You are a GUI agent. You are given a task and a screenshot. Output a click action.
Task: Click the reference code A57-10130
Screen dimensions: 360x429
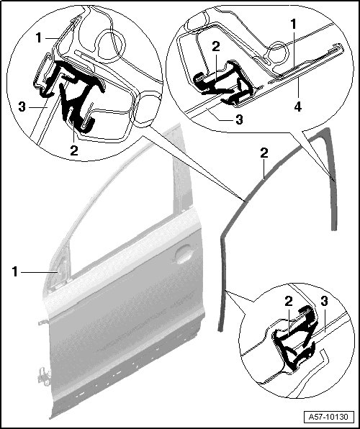pyautogui.click(x=328, y=417)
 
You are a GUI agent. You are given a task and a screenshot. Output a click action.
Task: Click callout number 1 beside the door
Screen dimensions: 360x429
pyautogui.click(x=15, y=272)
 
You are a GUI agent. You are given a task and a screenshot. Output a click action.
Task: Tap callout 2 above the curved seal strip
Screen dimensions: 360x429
pyautogui.click(x=264, y=153)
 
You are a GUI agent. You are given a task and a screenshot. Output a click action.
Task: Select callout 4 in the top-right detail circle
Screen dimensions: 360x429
pyautogui.click(x=298, y=107)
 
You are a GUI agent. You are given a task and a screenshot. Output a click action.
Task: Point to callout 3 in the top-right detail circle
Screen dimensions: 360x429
pyautogui.click(x=239, y=119)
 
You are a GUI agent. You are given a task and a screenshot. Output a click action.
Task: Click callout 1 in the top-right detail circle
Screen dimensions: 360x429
pyautogui.click(x=294, y=24)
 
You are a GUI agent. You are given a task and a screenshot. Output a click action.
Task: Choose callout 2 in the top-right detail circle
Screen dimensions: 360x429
pyautogui.click(x=216, y=47)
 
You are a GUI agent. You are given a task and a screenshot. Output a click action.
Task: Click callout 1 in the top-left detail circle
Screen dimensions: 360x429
pyautogui.click(x=39, y=37)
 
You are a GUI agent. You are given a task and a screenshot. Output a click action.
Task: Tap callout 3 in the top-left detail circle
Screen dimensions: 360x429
pyautogui.click(x=22, y=107)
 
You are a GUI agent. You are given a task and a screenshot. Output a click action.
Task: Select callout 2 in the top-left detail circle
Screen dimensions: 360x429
pyautogui.click(x=74, y=150)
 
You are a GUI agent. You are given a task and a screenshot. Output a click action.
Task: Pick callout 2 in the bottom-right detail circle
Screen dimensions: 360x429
pyautogui.click(x=288, y=302)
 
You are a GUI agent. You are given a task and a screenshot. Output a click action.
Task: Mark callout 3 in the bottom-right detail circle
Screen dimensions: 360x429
pyautogui.click(x=324, y=301)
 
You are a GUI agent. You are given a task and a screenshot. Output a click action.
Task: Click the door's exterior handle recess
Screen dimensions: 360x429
pyautogui.click(x=184, y=254)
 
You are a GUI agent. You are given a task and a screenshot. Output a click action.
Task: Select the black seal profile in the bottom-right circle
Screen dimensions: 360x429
pyautogui.click(x=294, y=339)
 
